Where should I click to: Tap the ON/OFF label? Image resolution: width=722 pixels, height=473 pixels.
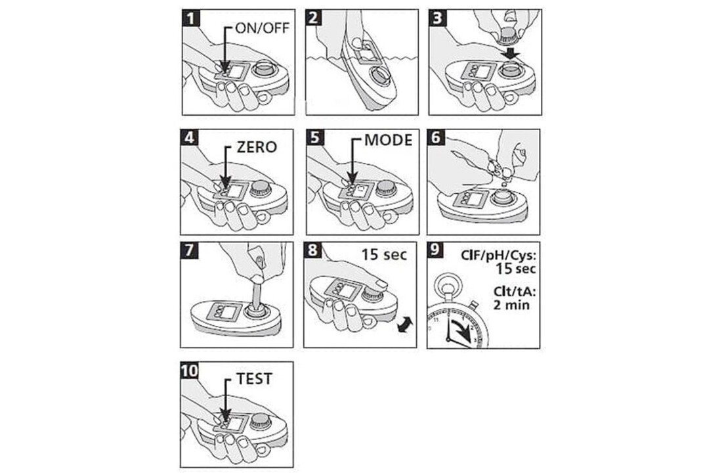tap(262, 28)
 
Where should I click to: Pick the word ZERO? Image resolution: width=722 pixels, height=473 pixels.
tap(257, 147)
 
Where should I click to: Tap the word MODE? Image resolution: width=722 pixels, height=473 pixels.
tap(388, 140)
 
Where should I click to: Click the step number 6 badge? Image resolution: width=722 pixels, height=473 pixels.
tap(436, 139)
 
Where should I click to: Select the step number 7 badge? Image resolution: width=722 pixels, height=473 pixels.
tap(190, 251)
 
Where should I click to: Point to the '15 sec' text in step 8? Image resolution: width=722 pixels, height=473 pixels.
tap(384, 254)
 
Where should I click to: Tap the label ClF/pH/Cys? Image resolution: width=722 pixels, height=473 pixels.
tap(498, 256)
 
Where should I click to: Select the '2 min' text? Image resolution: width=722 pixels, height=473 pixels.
tap(511, 305)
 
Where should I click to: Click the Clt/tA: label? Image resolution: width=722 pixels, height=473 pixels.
tap(515, 292)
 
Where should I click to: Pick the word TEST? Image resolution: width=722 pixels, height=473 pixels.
tap(254, 378)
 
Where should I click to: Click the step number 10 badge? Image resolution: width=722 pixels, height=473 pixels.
tap(190, 371)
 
